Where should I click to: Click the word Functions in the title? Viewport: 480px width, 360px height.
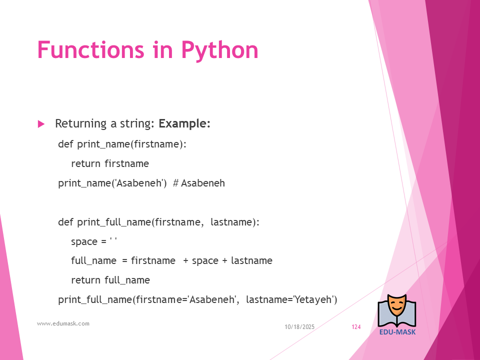[90, 49]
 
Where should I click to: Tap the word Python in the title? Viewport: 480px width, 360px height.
[220, 51]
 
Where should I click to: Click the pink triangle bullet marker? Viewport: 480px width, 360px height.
[41, 124]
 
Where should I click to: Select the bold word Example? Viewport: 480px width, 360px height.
[184, 123]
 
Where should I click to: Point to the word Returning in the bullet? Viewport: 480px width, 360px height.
[81, 124]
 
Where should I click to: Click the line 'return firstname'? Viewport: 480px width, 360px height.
[110, 163]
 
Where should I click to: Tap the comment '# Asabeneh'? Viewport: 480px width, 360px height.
[199, 183]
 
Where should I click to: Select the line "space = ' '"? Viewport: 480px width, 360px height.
[94, 241]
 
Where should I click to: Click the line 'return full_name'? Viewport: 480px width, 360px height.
[110, 280]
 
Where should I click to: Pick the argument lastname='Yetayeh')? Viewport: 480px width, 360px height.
[291, 299]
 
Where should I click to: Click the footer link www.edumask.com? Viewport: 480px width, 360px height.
[63, 323]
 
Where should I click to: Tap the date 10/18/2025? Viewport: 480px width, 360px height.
[299, 327]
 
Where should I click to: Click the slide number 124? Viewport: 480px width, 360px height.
[356, 327]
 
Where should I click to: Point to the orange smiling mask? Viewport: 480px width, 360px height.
[397, 305]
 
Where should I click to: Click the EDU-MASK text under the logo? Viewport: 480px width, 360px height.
[397, 332]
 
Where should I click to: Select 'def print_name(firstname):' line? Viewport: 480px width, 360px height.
[122, 144]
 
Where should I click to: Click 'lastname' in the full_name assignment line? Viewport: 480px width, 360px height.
[251, 260]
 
